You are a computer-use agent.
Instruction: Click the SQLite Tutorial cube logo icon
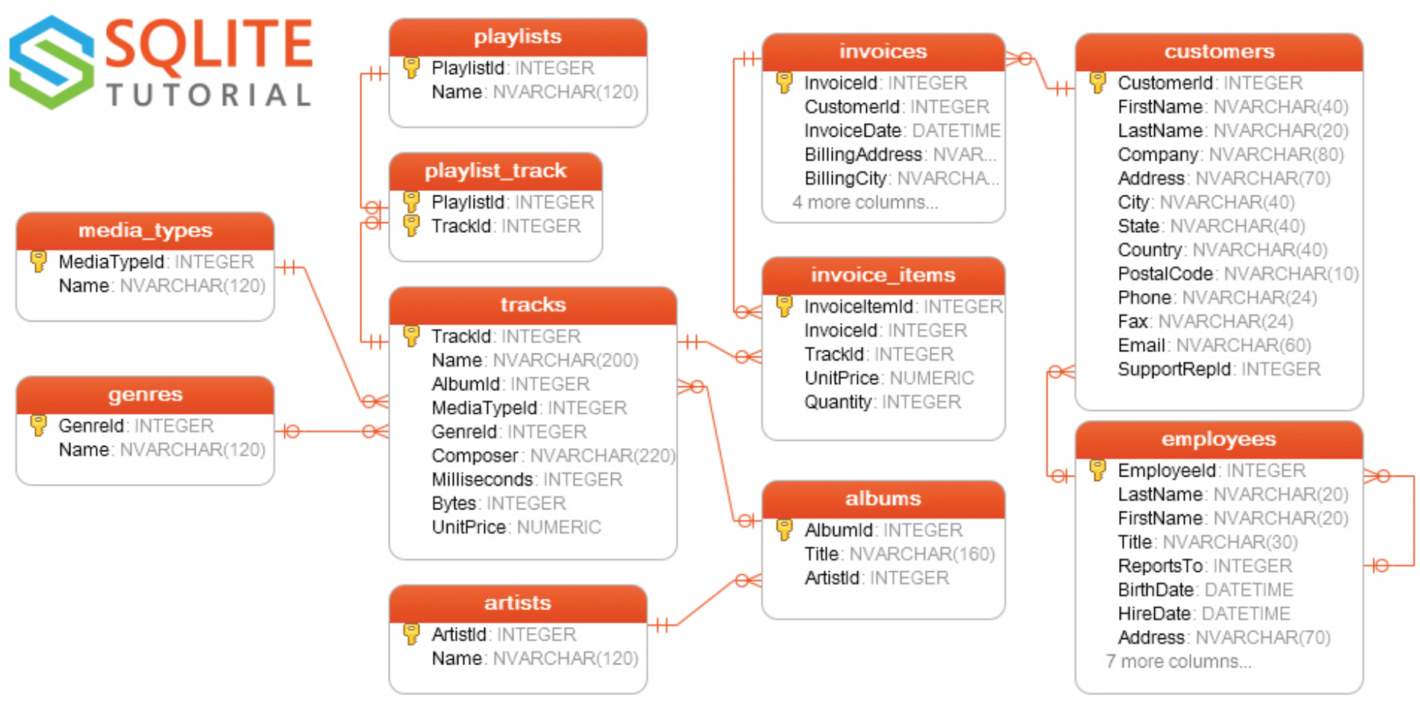51,62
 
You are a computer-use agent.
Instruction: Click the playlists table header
517,37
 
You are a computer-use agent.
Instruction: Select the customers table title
1218,52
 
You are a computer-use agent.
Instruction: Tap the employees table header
1218,439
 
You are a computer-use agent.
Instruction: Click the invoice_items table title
882,275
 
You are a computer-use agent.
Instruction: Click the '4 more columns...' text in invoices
865,202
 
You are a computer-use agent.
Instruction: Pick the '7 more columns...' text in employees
1178,661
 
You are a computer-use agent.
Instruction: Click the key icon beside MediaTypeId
38,261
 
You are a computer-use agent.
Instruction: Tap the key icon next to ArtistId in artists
411,634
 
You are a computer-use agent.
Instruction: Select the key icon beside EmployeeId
1098,470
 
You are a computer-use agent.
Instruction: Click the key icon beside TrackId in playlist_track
411,225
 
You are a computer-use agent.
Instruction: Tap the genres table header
145,395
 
